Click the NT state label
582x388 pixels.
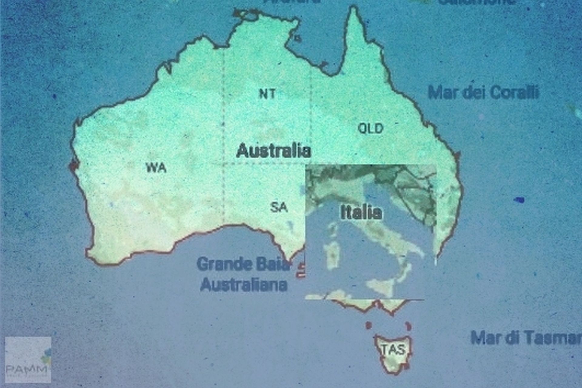point(268,94)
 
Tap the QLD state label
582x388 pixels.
point(370,128)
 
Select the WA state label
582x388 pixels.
point(156,167)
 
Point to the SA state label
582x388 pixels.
point(279,207)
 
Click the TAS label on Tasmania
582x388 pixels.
point(393,350)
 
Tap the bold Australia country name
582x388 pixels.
point(273,151)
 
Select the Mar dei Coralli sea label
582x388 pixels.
point(483,92)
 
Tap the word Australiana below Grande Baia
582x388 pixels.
point(244,285)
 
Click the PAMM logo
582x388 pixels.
point(28,360)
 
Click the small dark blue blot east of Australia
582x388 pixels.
point(519,200)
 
